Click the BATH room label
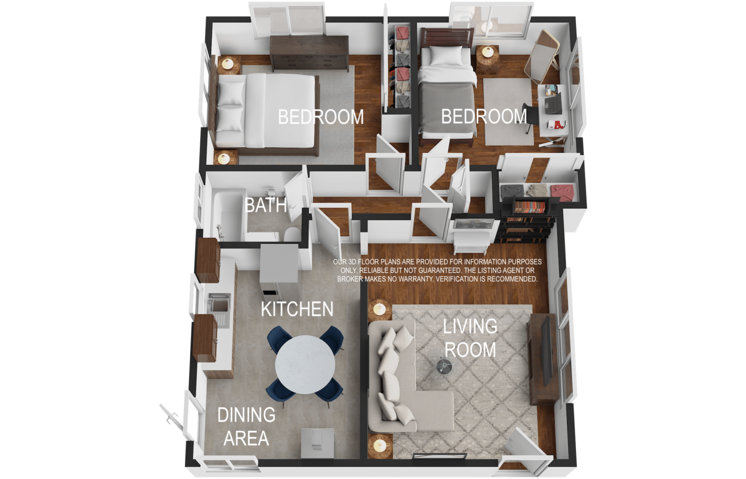[x=266, y=205]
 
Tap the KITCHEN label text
[x=297, y=309]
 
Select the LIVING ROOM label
[x=470, y=338]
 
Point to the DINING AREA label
[x=246, y=426]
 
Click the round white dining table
[x=305, y=365]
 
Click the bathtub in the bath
[x=228, y=214]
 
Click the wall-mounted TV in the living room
[x=546, y=351]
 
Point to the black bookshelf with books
[x=526, y=219]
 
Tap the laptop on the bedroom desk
[x=553, y=103]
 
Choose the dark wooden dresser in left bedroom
[x=309, y=53]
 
